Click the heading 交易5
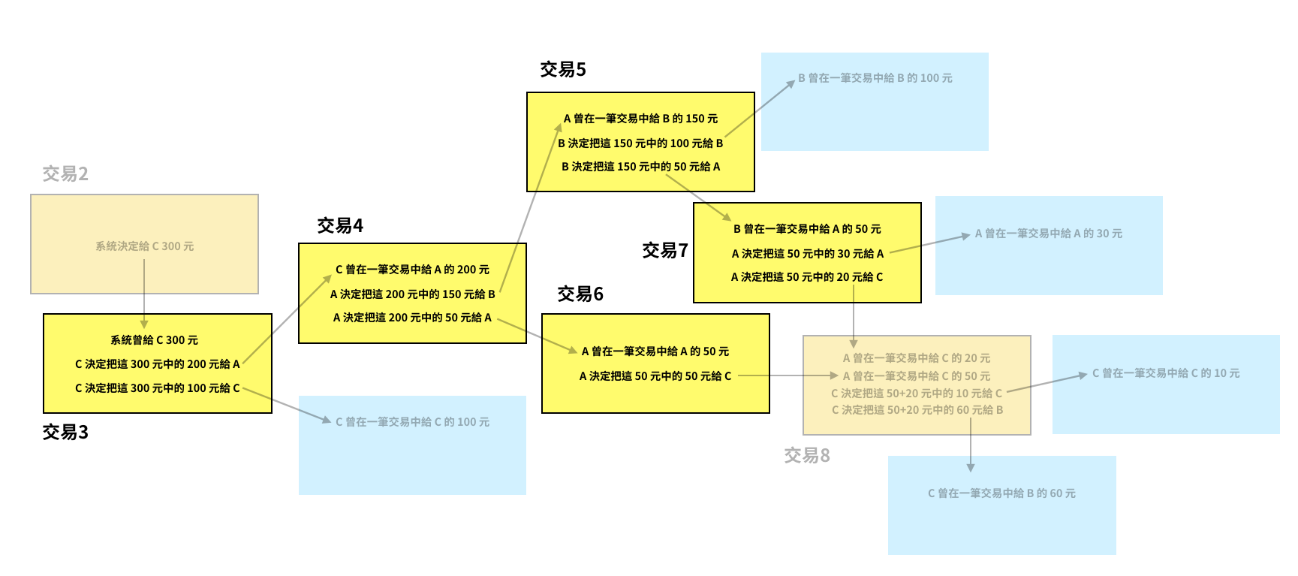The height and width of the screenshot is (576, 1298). pos(563,70)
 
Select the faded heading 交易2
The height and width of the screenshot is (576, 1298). pos(65,174)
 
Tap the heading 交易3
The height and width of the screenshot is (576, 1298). pos(65,433)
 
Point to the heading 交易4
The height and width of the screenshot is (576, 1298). pos(340,226)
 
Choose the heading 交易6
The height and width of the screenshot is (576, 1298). pos(580,294)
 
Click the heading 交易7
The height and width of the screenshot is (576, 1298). pos(665,251)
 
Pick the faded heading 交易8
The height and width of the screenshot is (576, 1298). pos(807,456)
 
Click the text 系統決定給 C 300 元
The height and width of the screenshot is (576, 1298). pos(144,246)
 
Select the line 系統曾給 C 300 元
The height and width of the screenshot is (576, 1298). pos(155,340)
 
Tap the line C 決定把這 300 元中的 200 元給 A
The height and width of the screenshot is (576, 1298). pos(158,364)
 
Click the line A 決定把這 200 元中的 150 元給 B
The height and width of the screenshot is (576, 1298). pos(413,294)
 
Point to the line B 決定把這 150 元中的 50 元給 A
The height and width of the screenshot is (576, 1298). pos(641,167)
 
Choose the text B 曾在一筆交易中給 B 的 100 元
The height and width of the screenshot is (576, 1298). pos(875,78)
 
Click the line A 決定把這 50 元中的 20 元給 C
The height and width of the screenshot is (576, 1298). pos(807,277)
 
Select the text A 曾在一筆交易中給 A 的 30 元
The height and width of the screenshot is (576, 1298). pos(1049,234)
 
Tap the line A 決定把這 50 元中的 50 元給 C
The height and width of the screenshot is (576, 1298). pos(655,376)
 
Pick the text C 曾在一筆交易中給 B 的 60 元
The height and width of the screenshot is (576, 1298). pos(1002,493)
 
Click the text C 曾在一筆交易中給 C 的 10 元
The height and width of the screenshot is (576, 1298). pos(1166,373)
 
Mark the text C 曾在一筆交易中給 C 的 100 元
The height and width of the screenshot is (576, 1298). pos(413,422)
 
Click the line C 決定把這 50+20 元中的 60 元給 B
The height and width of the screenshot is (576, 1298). pos(917,410)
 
